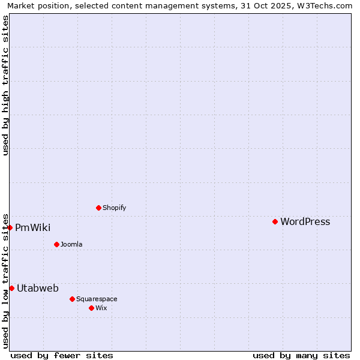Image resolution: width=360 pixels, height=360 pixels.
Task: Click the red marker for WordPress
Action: coord(275,221)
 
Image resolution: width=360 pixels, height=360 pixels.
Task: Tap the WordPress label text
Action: coord(305,221)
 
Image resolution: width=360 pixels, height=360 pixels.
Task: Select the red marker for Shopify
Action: coord(98,208)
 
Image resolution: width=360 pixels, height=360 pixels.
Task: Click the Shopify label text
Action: coord(114,208)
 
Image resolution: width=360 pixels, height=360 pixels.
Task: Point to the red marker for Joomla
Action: coord(56,244)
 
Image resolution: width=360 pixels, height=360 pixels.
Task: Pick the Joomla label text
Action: coord(71,244)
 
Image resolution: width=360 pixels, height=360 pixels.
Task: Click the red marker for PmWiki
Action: coord(10,227)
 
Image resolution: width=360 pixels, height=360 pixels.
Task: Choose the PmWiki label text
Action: coord(32,227)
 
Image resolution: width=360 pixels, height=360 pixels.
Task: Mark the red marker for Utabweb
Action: coord(11,288)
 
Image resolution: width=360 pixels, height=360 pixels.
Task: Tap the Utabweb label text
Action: coord(37,288)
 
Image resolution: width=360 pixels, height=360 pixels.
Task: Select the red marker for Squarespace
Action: coord(72,299)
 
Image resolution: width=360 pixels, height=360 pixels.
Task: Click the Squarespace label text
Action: coord(97,299)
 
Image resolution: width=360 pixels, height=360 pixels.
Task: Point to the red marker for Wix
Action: coord(91,308)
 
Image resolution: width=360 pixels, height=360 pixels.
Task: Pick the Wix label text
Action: coord(101,308)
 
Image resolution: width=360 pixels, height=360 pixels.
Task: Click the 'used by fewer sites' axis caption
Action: coord(62,355)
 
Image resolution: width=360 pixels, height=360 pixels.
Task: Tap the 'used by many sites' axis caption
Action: coord(301,355)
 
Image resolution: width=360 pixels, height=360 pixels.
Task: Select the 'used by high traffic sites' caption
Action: coord(5,85)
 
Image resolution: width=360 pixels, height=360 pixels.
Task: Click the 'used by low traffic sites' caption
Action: coord(5,280)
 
